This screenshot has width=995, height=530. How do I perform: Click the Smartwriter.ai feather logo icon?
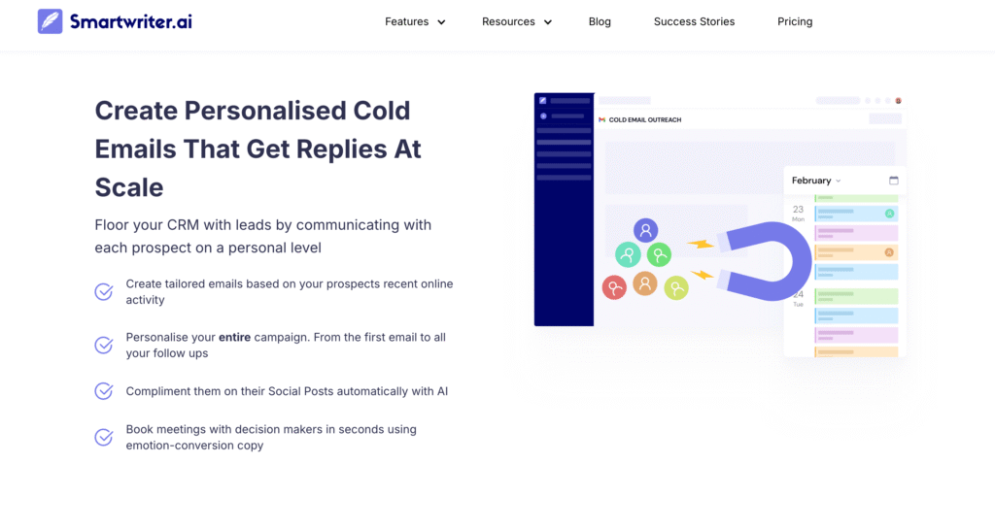click(x=51, y=21)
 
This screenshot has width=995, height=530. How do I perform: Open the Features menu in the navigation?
click(x=415, y=21)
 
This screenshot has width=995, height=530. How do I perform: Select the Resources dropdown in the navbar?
click(x=517, y=21)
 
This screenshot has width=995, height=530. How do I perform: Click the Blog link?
click(x=600, y=21)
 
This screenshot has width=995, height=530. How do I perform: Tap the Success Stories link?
click(x=694, y=21)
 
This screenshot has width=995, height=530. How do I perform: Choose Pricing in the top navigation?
click(x=795, y=21)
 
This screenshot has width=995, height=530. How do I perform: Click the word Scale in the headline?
click(x=129, y=187)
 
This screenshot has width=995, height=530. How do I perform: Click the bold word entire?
click(x=235, y=337)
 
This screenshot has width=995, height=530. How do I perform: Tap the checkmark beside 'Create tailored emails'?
click(x=104, y=291)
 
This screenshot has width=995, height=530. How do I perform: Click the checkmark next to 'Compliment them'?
click(x=104, y=391)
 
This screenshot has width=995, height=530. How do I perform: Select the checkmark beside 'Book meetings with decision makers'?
click(x=104, y=438)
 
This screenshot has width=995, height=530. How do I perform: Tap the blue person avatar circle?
click(x=645, y=231)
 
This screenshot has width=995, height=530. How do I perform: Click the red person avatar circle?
click(x=614, y=288)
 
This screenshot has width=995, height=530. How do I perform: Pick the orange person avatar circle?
click(x=645, y=283)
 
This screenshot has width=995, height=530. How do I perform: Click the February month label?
click(x=811, y=181)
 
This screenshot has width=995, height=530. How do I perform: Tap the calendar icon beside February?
click(x=894, y=181)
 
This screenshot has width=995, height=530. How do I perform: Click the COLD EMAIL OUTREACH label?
click(x=645, y=119)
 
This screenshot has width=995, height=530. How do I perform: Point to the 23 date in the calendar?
click(x=799, y=210)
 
